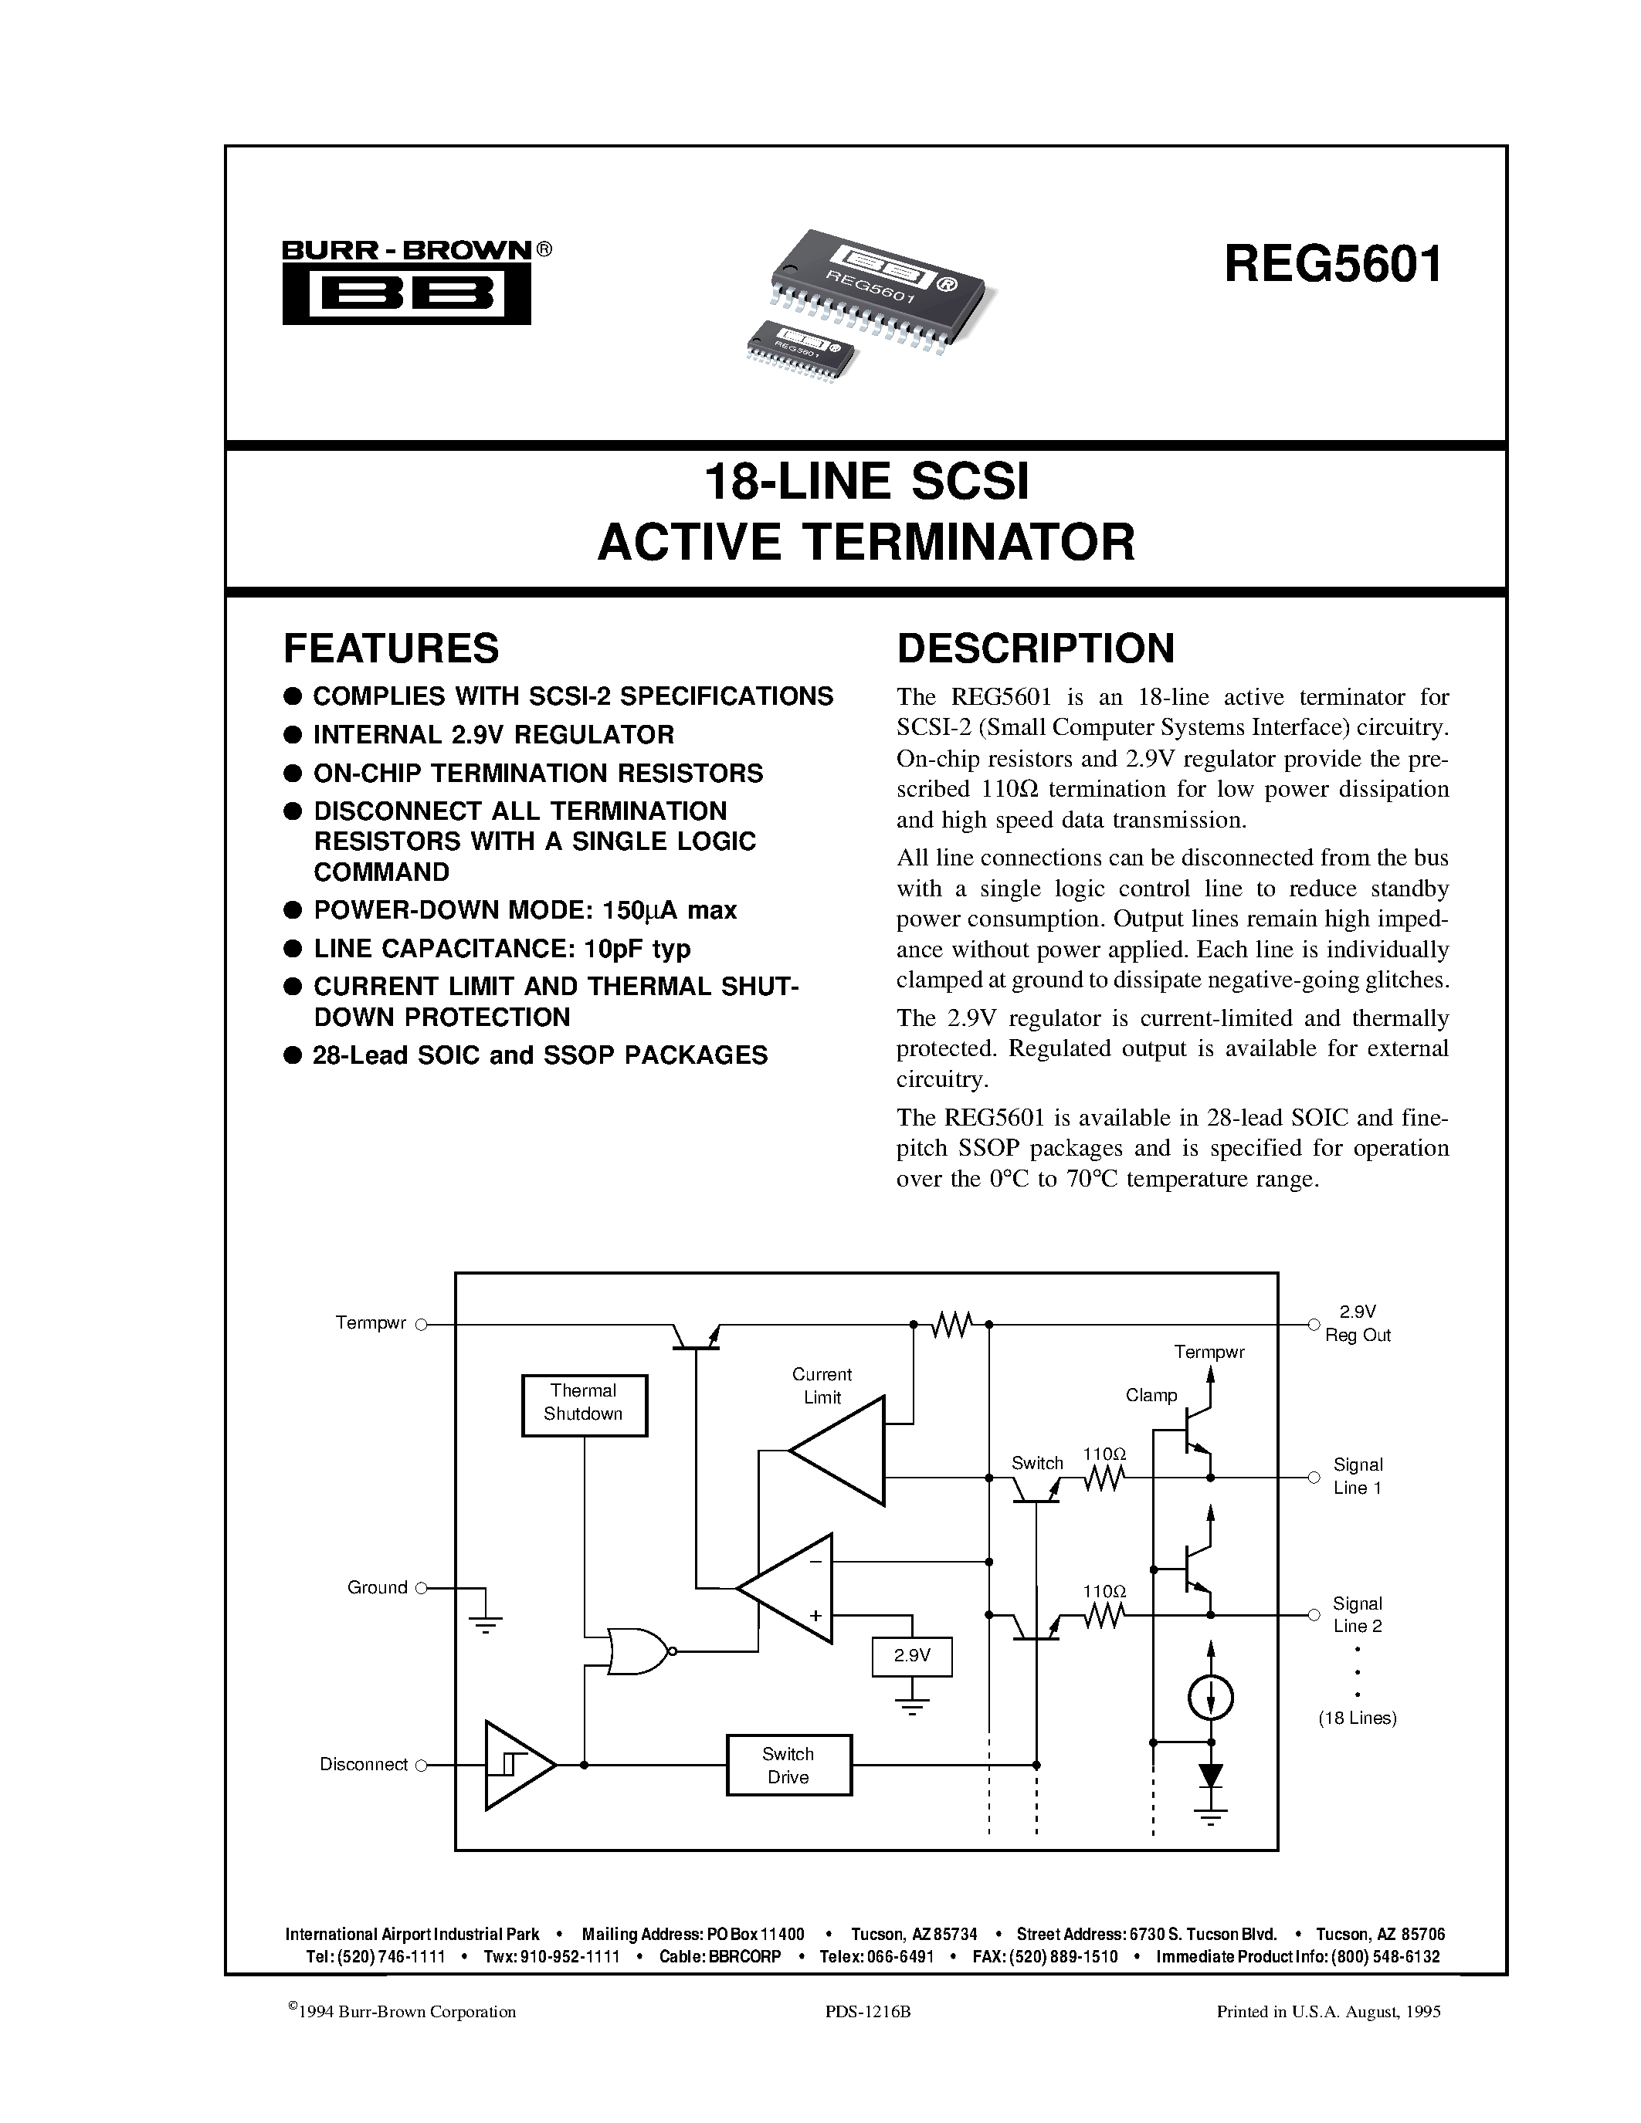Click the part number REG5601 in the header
point(1334,263)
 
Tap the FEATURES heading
point(391,648)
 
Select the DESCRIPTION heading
point(1036,648)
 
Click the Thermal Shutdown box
point(583,1404)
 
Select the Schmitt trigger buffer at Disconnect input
point(515,1764)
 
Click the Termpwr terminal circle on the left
point(421,1324)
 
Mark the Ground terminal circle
point(421,1588)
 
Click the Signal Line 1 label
point(1357,1475)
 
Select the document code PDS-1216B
point(867,2012)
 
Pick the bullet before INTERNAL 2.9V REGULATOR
point(290,735)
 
